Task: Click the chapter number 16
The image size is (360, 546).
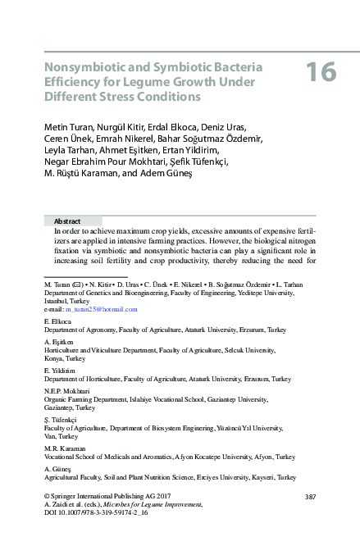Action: coord(321,72)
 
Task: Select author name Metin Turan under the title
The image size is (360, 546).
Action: coord(69,127)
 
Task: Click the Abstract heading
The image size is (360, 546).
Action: coord(66,221)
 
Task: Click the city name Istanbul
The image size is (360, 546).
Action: coord(58,302)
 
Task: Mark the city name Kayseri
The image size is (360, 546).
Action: coord(241,477)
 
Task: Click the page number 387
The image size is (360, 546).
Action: coord(309,498)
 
